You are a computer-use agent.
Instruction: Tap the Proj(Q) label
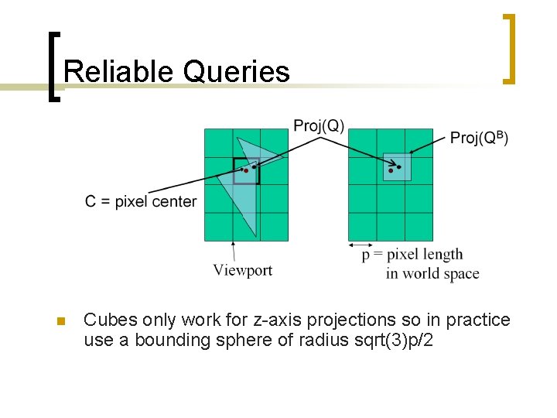coord(319,126)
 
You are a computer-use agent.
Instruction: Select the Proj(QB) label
coord(479,137)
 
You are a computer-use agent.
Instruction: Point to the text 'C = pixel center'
coord(141,202)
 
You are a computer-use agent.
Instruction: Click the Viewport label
coord(243,270)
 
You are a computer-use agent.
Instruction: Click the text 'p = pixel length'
coord(412,255)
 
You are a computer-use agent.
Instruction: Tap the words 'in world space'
coord(432,273)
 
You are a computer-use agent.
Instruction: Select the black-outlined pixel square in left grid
coord(247,171)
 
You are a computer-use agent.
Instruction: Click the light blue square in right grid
coord(397,167)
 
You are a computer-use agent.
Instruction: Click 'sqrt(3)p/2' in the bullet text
coord(394,340)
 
